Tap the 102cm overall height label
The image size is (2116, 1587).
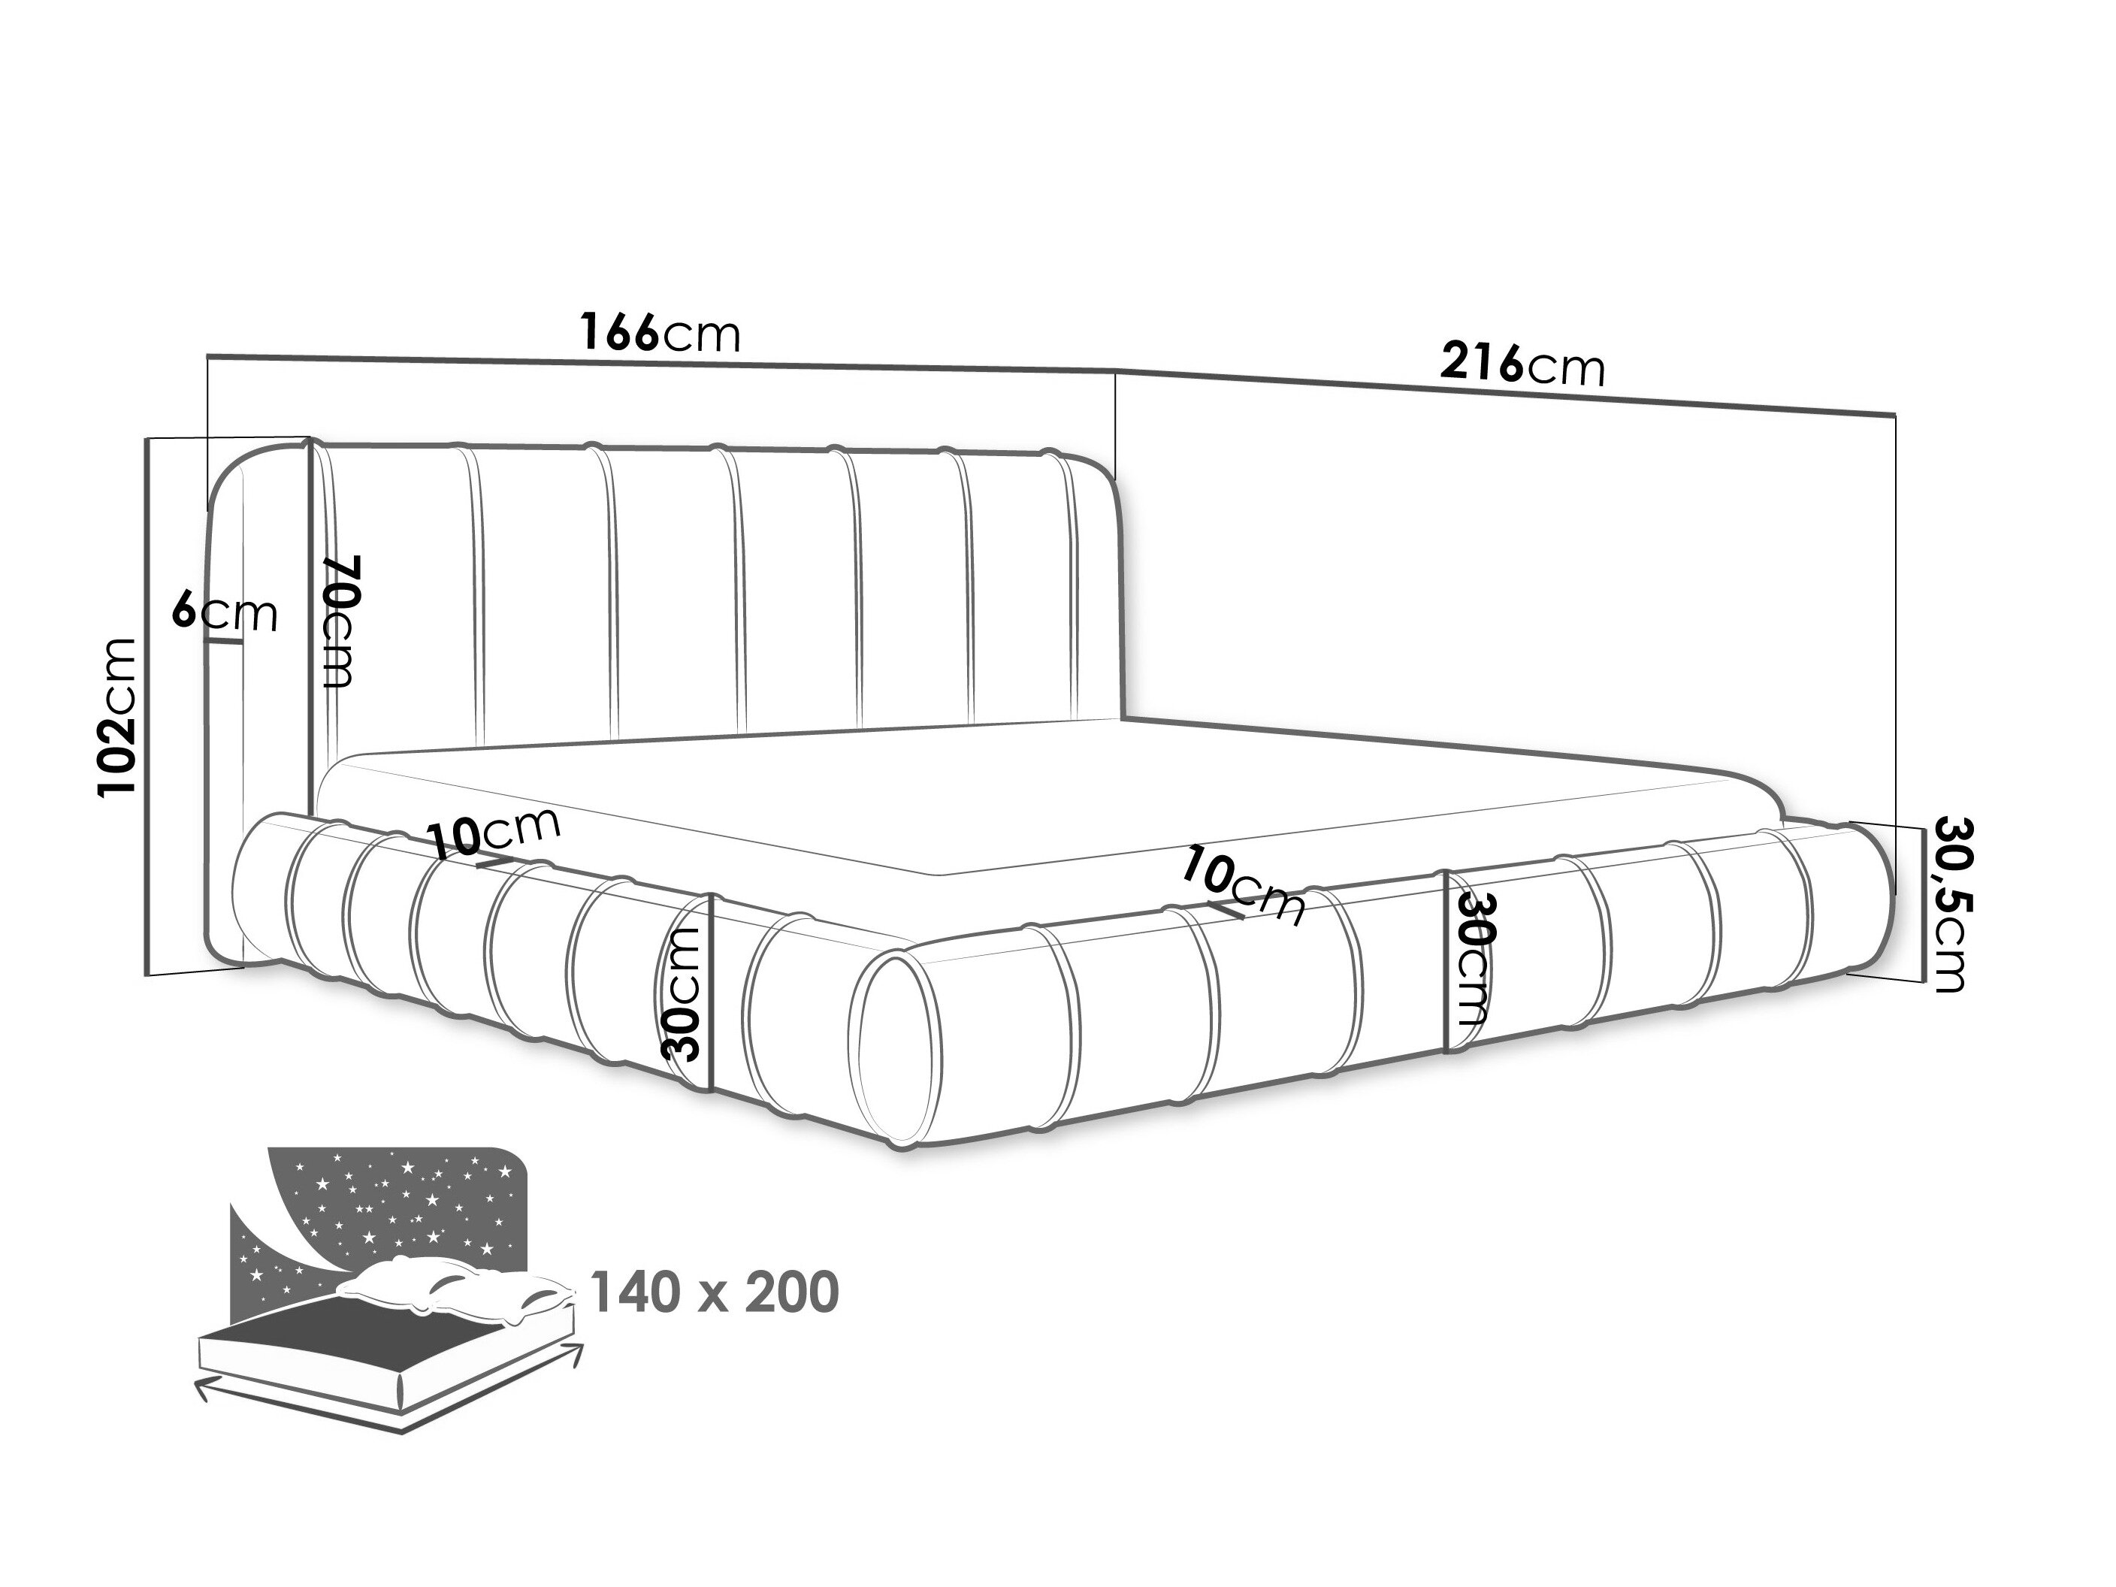tap(119, 717)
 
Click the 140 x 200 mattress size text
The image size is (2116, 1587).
tap(715, 1292)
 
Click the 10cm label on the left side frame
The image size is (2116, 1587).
tap(493, 833)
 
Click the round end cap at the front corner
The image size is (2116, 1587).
tap(897, 1050)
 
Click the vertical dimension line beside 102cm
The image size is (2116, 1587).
tap(147, 707)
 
